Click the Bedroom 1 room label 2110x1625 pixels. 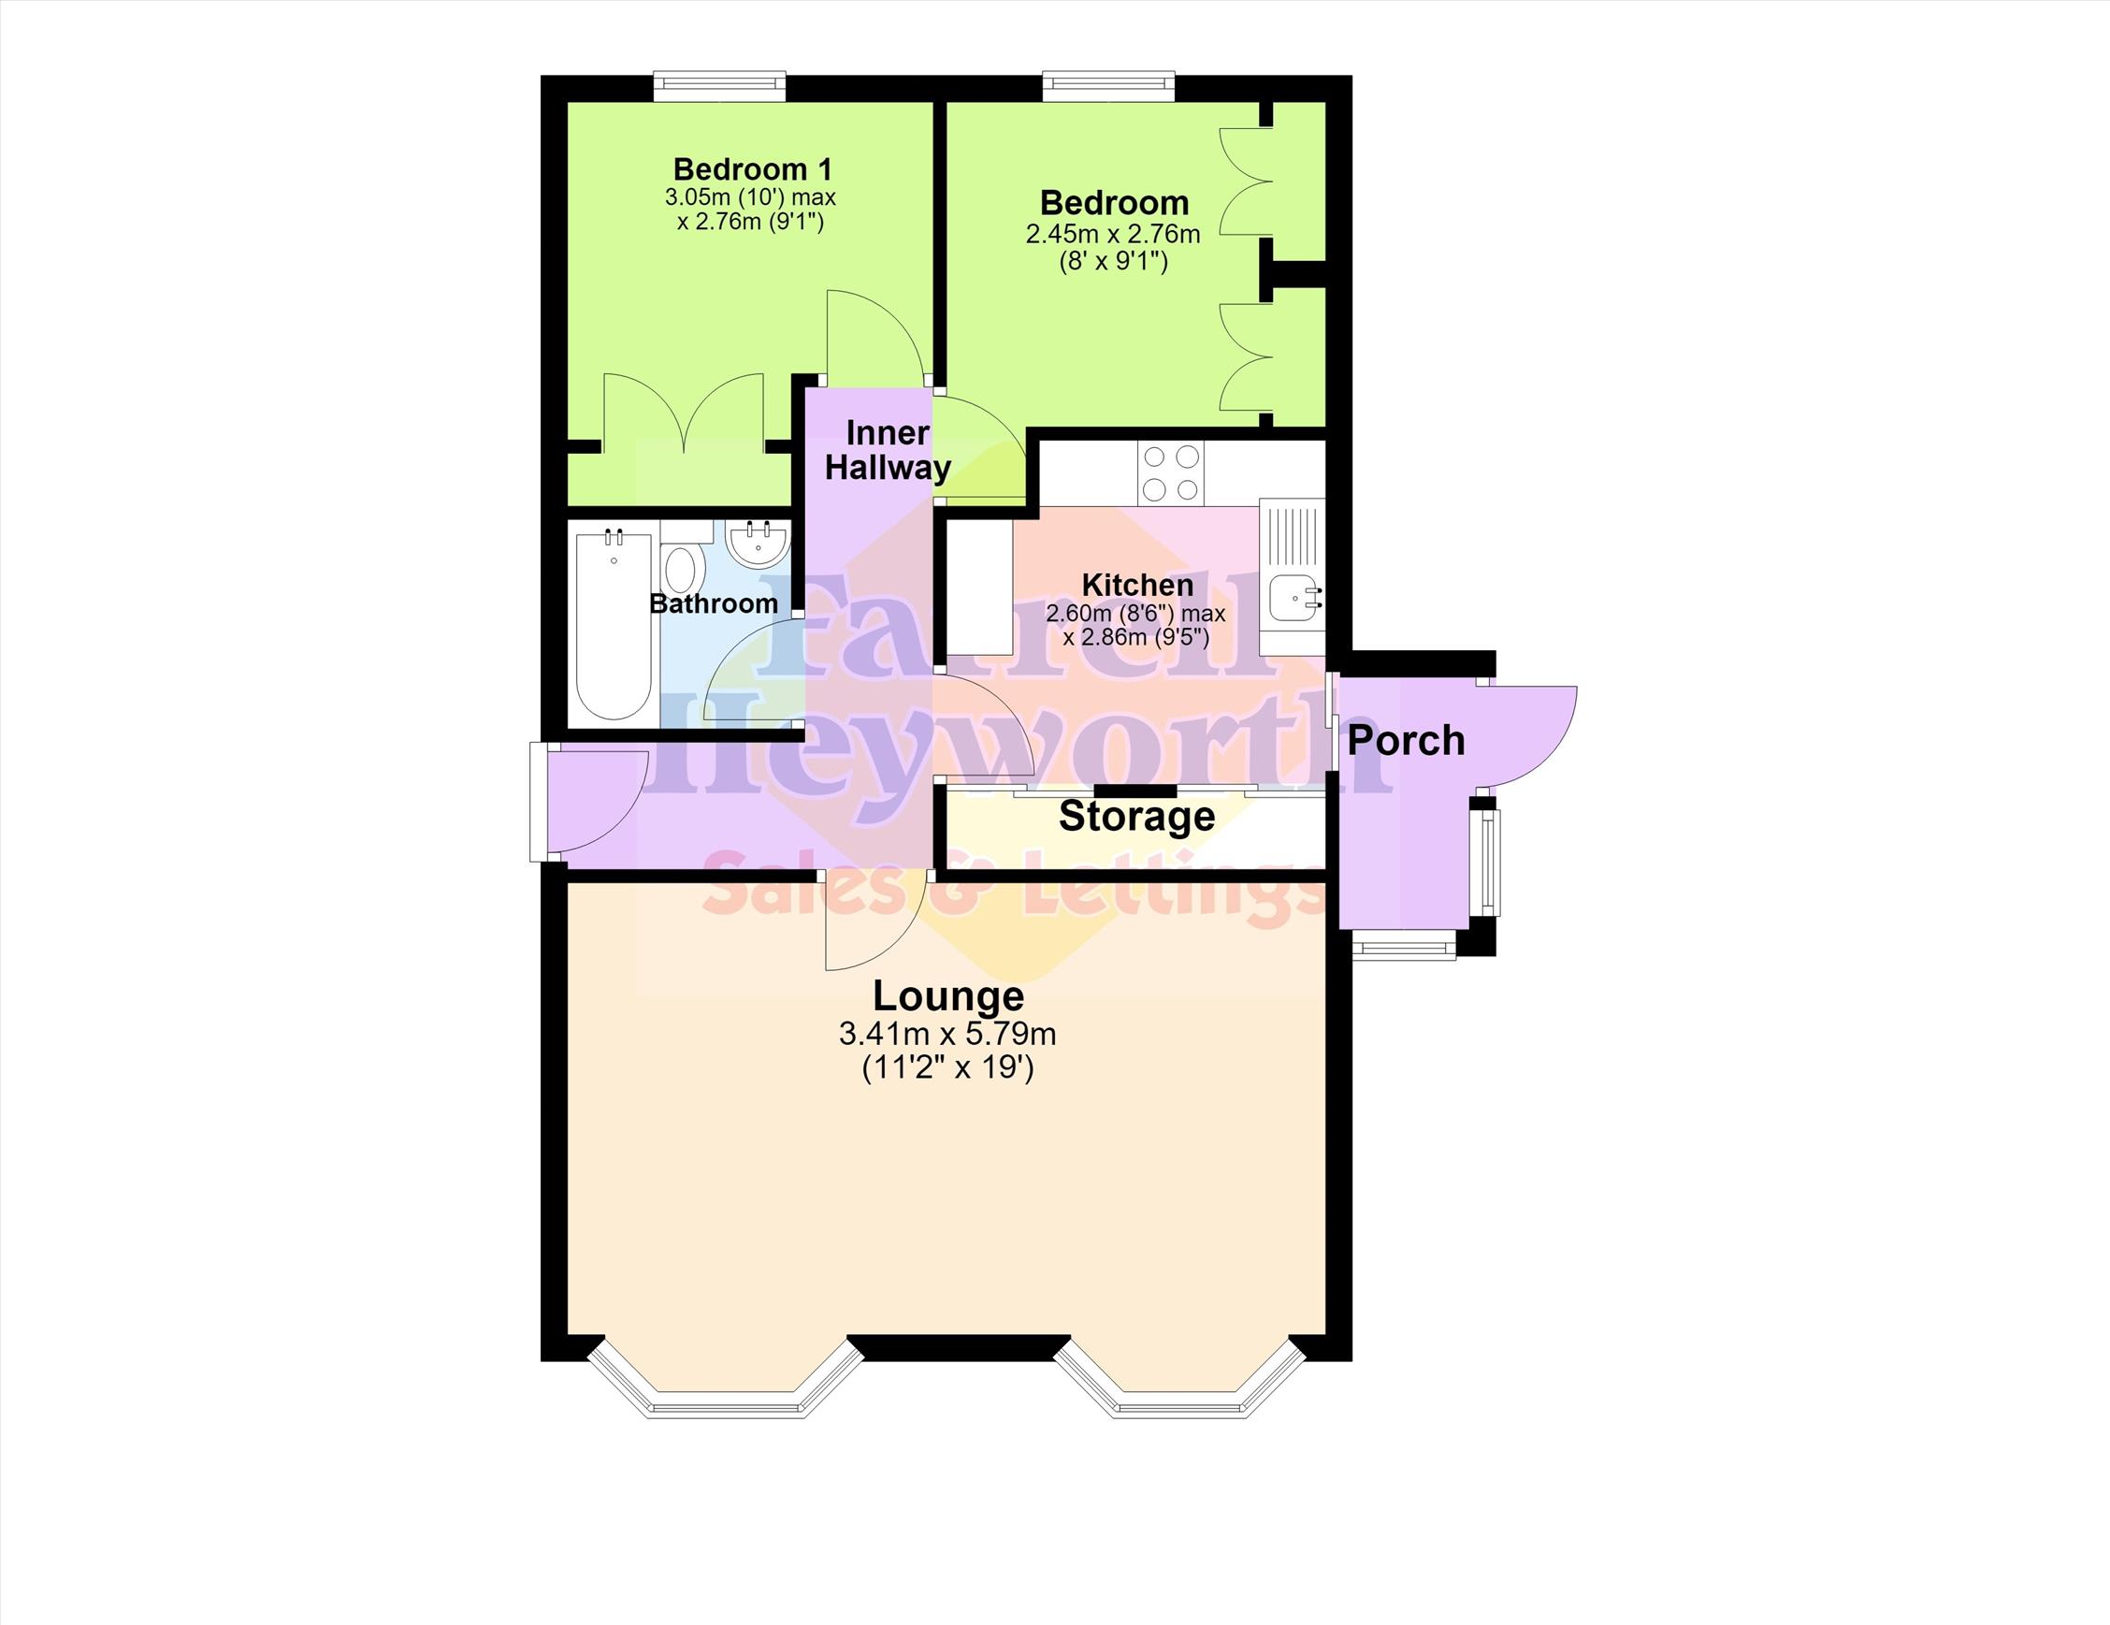coord(752,169)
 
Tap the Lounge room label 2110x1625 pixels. coord(947,995)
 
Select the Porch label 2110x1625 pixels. coord(1406,741)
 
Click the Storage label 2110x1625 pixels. coord(1136,817)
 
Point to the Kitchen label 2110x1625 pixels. coord(1137,585)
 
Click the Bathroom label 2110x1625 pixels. coord(713,603)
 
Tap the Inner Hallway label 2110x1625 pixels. coord(887,450)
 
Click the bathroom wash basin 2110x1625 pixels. coord(759,543)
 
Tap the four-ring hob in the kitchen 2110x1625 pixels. coord(1170,472)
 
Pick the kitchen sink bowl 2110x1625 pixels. coord(1292,597)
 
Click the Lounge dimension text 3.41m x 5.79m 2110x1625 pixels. coord(947,1035)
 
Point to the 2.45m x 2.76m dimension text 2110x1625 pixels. coord(1113,234)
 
